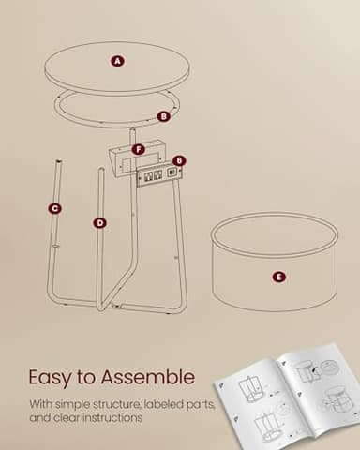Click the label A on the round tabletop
point(117,61)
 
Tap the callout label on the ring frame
point(163,116)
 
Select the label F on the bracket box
point(139,149)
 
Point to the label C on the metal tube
point(55,208)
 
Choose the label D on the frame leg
point(99,222)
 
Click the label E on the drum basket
point(277,277)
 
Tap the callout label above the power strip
point(179,161)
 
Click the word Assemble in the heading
point(150,378)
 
